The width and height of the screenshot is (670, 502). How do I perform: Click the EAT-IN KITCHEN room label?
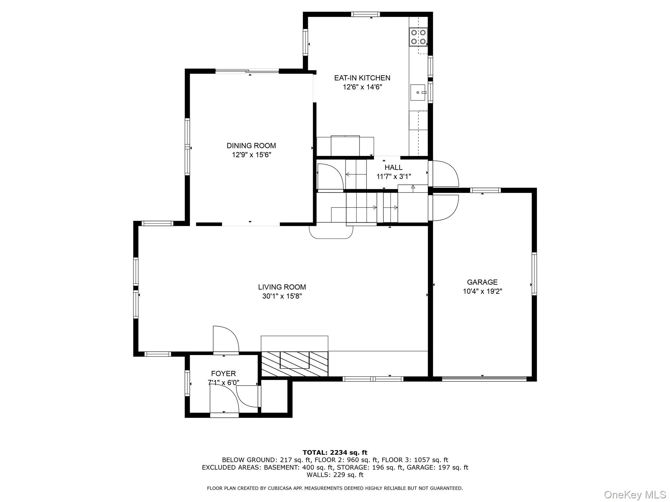click(x=362, y=78)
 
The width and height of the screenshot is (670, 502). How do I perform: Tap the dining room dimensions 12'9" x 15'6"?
click(x=251, y=155)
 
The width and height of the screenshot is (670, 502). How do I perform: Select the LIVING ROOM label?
click(x=282, y=287)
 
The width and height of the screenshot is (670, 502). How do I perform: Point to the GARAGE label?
click(x=482, y=282)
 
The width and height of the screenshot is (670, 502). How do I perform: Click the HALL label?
click(x=393, y=167)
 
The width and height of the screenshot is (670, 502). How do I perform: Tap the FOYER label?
click(x=223, y=373)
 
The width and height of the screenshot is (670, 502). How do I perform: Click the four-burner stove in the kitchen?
click(x=418, y=37)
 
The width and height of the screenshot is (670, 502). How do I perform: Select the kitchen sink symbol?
click(x=418, y=92)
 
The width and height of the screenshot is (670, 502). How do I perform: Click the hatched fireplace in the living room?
click(x=294, y=363)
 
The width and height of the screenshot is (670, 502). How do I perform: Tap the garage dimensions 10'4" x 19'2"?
click(x=482, y=291)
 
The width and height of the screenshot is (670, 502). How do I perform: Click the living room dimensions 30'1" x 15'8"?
click(x=282, y=296)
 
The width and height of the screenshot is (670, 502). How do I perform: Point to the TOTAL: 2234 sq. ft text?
click(x=335, y=452)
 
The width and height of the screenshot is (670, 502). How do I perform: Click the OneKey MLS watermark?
click(x=635, y=494)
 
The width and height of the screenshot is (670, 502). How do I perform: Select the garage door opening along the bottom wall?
click(x=484, y=379)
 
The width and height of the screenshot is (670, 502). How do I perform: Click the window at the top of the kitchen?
click(x=365, y=14)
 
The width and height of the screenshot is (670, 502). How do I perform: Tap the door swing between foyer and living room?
click(x=226, y=340)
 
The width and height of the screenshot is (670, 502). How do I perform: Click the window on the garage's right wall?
click(x=534, y=274)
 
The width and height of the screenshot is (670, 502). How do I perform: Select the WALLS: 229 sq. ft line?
click(x=335, y=475)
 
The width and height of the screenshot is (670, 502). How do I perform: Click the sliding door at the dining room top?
click(x=247, y=71)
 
